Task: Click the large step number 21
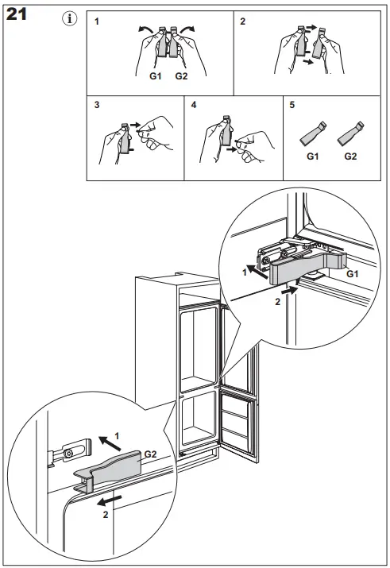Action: pyautogui.click(x=17, y=14)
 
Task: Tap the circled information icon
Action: pyautogui.click(x=70, y=18)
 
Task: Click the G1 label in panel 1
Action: pyautogui.click(x=156, y=76)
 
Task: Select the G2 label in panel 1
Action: pyautogui.click(x=181, y=76)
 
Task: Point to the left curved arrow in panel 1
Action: pyautogui.click(x=145, y=29)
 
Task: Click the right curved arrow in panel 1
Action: pyautogui.click(x=187, y=29)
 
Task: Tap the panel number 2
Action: pyautogui.click(x=242, y=21)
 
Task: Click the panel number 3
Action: pyautogui.click(x=97, y=105)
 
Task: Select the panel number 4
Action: pyautogui.click(x=194, y=105)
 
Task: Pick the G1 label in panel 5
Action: pyautogui.click(x=312, y=156)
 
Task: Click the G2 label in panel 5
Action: pyautogui.click(x=350, y=156)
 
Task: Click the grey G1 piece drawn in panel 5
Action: pyautogui.click(x=312, y=135)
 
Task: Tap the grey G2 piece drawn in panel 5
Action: pyautogui.click(x=349, y=135)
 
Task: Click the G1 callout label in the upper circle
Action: pyautogui.click(x=353, y=274)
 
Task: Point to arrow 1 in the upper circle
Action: pyautogui.click(x=258, y=272)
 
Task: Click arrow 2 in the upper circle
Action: pyautogui.click(x=289, y=290)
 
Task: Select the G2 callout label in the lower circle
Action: pyautogui.click(x=150, y=454)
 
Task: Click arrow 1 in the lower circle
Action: pyautogui.click(x=110, y=443)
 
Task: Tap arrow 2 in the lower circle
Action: pyautogui.click(x=110, y=501)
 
